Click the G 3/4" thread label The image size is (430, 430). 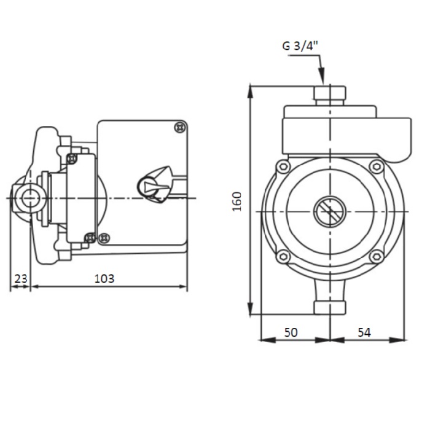coord(300,45)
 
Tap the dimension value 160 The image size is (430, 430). coord(237,201)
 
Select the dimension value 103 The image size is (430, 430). coord(104,279)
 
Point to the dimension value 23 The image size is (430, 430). coord(21,279)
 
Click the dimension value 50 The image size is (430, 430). coord(291,332)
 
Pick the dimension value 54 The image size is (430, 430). coord(364,332)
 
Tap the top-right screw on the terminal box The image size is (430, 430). coord(181,127)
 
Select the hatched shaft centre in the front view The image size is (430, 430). coord(330,212)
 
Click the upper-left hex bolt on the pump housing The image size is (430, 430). coord(283,166)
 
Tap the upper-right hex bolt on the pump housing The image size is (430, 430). coord(377,166)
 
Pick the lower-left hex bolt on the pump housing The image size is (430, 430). coord(283,257)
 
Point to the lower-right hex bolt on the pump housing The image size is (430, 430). coord(377,257)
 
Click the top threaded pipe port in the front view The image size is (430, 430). coord(330,95)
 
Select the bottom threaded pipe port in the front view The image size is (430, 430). coord(330,308)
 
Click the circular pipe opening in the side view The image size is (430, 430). coord(31,198)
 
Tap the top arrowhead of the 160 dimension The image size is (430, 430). coord(250,92)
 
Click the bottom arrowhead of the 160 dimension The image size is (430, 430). coord(250,308)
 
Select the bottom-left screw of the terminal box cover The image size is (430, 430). coord(104,238)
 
